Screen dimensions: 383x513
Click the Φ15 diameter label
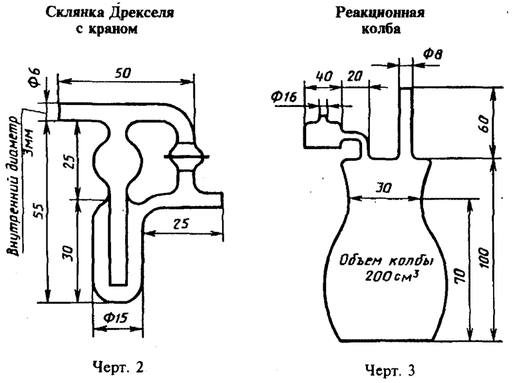[116, 319]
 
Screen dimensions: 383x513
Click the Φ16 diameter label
[283, 97]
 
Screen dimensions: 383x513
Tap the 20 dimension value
[354, 76]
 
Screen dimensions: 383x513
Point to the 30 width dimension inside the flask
[383, 188]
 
